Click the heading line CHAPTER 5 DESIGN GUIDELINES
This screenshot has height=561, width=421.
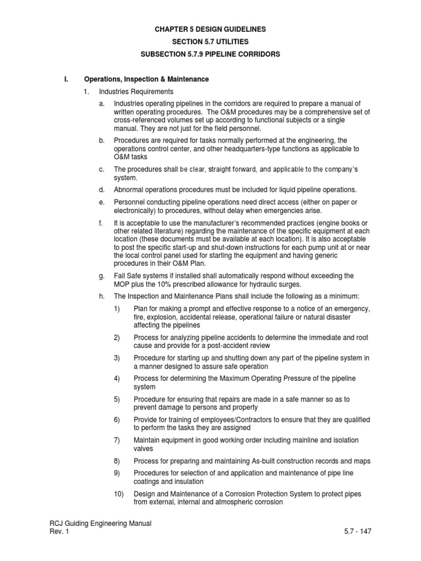pyautogui.click(x=210, y=29)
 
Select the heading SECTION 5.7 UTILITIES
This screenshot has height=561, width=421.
pyautogui.click(x=210, y=42)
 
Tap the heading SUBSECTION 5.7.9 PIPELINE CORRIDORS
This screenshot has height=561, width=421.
pyautogui.click(x=210, y=55)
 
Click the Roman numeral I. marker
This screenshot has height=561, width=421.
pyautogui.click(x=67, y=79)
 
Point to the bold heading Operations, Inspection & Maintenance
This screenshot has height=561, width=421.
pyautogui.click(x=146, y=79)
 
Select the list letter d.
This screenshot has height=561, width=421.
pyautogui.click(x=102, y=190)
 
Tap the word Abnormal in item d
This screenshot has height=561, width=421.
pyautogui.click(x=129, y=190)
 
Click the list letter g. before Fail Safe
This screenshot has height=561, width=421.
pyautogui.click(x=102, y=276)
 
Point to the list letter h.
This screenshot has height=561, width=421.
pyautogui.click(x=102, y=296)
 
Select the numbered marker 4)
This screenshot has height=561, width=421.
pyautogui.click(x=117, y=379)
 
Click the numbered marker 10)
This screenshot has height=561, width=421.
pyautogui.click(x=119, y=494)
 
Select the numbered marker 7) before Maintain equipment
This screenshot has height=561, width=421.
pyautogui.click(x=117, y=440)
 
